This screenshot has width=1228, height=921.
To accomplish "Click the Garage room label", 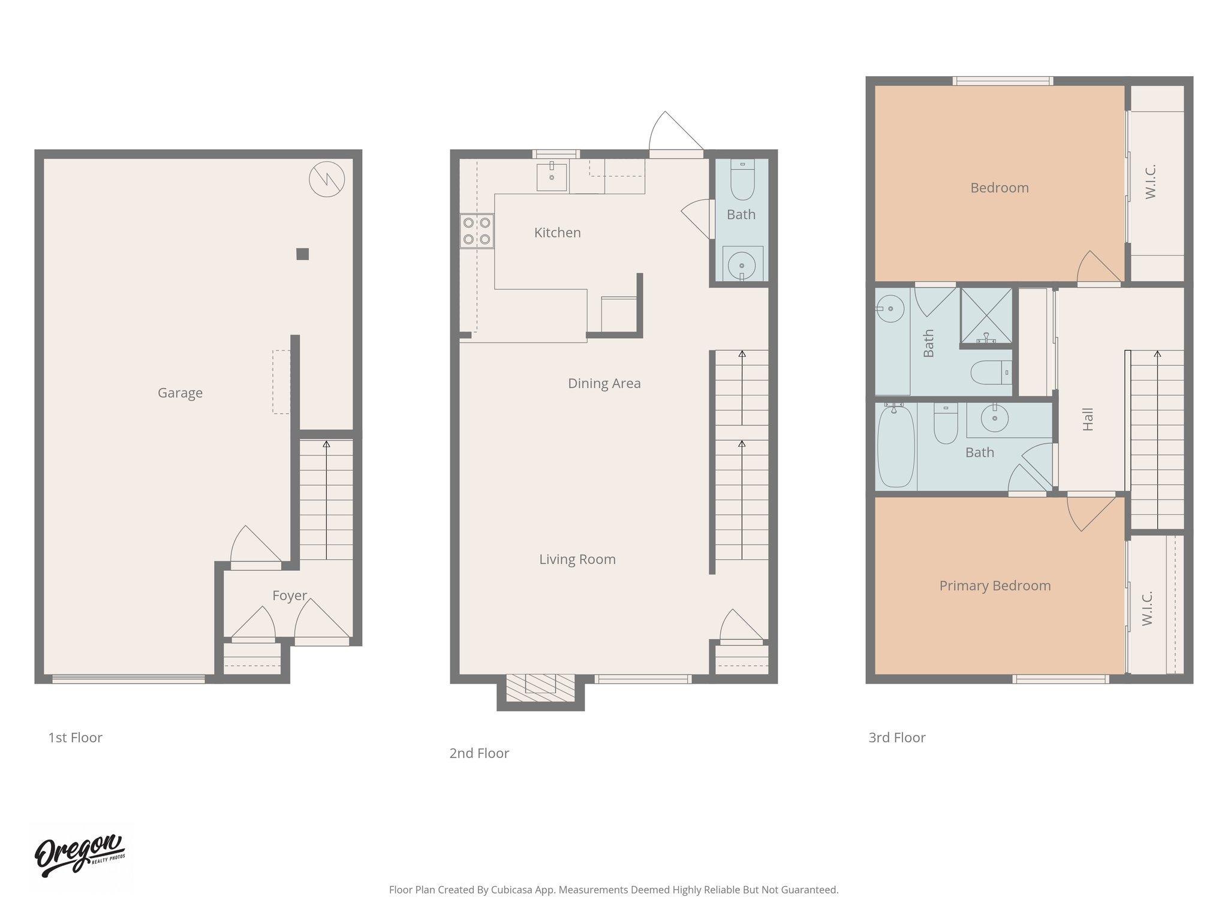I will [x=180, y=393].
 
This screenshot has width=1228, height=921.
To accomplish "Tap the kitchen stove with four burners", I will [x=477, y=231].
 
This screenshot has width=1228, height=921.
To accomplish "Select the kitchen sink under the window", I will [x=552, y=176].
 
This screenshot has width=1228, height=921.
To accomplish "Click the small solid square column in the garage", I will [x=303, y=254].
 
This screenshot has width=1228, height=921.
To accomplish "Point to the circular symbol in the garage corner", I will [x=327, y=179].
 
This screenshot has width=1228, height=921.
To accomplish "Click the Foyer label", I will [x=290, y=595].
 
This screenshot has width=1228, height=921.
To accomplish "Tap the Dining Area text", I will [x=604, y=383].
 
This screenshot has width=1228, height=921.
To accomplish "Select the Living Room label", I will [x=577, y=559].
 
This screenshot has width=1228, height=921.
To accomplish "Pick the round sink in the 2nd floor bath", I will [x=742, y=264].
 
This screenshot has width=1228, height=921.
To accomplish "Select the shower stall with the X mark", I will [x=986, y=318].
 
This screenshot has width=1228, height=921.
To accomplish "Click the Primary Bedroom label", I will [x=995, y=586].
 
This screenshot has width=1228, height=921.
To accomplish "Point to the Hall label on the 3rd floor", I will [x=1088, y=419].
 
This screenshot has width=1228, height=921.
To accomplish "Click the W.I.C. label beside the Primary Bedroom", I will [x=1147, y=609].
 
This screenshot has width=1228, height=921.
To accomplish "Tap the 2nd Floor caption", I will [x=479, y=753].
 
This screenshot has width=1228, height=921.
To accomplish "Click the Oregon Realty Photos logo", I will [x=80, y=856].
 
